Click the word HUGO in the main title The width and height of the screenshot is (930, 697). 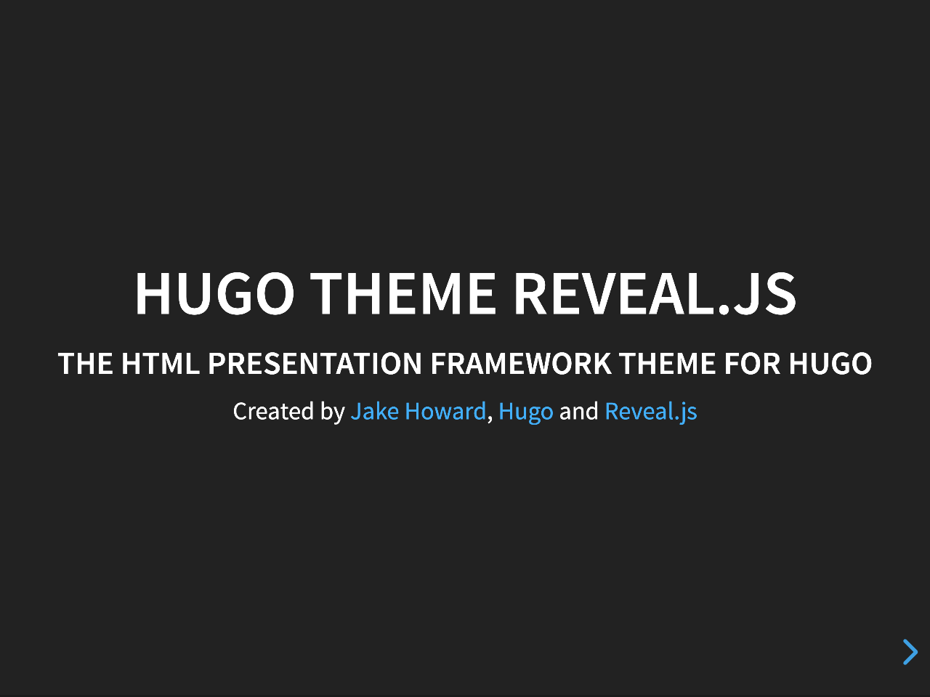click(x=214, y=293)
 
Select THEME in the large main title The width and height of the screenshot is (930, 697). click(x=403, y=293)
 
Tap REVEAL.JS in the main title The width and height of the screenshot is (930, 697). click(x=655, y=293)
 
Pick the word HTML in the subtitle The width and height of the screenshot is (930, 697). click(x=160, y=364)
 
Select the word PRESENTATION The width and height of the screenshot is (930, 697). click(x=315, y=364)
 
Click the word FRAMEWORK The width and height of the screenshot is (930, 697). click(x=520, y=364)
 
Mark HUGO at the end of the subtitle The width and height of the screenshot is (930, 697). click(x=830, y=364)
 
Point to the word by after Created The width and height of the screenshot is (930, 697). click(x=333, y=412)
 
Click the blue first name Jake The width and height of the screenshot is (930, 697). click(x=374, y=412)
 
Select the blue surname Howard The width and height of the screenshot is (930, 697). click(x=445, y=412)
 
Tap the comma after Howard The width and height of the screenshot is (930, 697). click(x=490, y=418)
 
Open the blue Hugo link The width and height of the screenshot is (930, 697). click(x=525, y=412)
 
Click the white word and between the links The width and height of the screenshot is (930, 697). click(x=578, y=412)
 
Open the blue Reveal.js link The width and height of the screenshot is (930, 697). click(x=650, y=412)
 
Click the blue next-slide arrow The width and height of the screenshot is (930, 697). click(x=910, y=652)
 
